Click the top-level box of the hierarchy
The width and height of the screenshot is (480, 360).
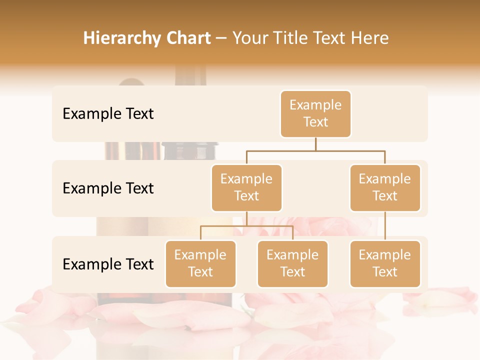pyautogui.click(x=315, y=114)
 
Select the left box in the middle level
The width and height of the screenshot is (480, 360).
pyautogui.click(x=246, y=187)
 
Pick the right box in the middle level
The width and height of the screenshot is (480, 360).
pyautogui.click(x=385, y=187)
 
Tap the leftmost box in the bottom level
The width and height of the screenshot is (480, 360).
pyautogui.click(x=200, y=263)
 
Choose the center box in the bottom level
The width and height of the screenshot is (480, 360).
pyautogui.click(x=292, y=263)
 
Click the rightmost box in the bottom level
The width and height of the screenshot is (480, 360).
pyautogui.click(x=385, y=263)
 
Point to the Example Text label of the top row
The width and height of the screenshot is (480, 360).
pyautogui.click(x=108, y=114)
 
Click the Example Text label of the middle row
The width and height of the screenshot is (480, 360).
pyautogui.click(x=108, y=188)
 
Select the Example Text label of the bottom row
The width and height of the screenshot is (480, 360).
pyautogui.click(x=108, y=264)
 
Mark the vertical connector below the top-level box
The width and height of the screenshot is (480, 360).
pyautogui.click(x=315, y=144)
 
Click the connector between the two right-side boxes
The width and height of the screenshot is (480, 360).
pyautogui.click(x=385, y=226)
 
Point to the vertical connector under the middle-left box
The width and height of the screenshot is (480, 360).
pyautogui.click(x=246, y=218)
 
